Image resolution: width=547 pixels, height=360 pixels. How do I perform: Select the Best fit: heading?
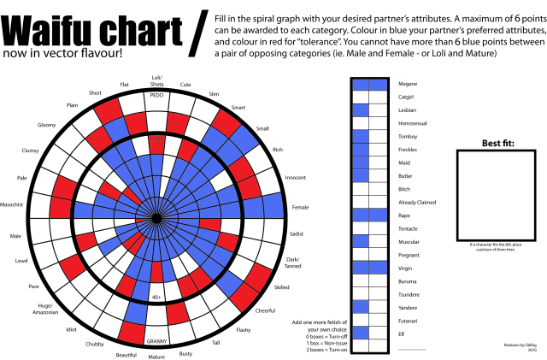497,143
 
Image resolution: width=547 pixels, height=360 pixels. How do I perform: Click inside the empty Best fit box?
497,196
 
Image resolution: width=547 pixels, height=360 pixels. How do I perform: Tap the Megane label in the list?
408,84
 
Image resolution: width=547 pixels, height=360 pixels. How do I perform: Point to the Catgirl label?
407,97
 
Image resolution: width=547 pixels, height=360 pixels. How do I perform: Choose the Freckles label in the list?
408,149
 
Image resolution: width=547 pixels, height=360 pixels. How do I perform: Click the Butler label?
405,175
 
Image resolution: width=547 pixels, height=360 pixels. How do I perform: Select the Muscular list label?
409,241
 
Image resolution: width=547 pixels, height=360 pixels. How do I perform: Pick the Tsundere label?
409,293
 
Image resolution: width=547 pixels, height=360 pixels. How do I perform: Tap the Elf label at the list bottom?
401,333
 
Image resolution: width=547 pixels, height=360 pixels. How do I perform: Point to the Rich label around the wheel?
277,150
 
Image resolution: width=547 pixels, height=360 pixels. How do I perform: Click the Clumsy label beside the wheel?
32,150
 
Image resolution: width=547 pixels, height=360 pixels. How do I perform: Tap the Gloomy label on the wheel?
46,125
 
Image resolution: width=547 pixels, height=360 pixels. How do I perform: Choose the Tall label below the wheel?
216,343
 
